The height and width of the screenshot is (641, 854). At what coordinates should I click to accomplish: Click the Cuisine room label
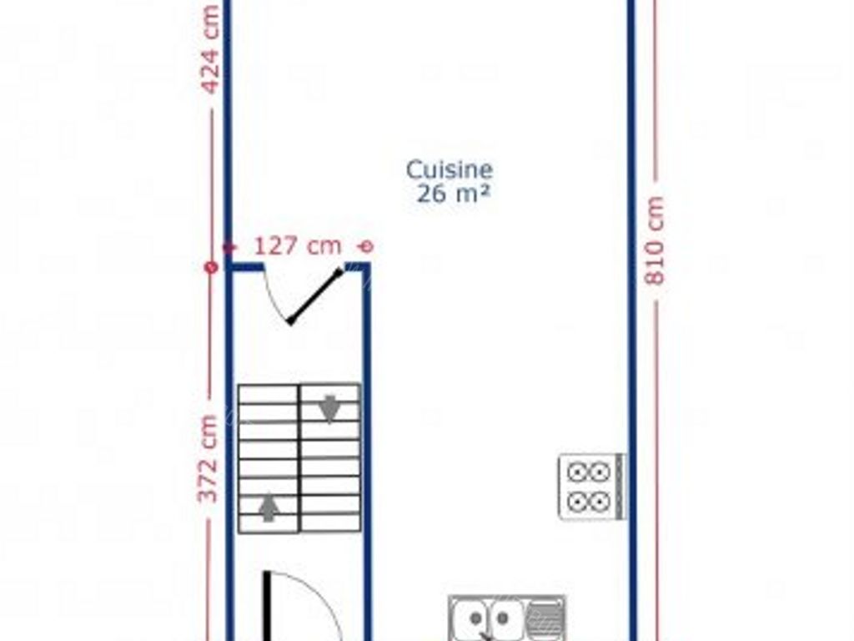tap(450, 170)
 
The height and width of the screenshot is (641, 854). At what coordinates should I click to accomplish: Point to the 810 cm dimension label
tap(656, 241)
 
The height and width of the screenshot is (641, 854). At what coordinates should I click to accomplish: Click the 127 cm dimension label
tap(298, 246)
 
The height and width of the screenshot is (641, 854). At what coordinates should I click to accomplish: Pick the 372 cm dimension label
tap(208, 459)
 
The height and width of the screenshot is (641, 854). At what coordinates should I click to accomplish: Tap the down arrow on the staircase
tap(330, 408)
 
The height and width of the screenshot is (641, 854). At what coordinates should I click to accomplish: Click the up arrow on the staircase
tap(268, 507)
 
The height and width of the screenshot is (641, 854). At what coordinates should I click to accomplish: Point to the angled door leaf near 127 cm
tap(315, 295)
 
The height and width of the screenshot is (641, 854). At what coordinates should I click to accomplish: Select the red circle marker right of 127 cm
tap(364, 246)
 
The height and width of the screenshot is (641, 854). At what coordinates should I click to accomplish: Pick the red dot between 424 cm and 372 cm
tap(211, 267)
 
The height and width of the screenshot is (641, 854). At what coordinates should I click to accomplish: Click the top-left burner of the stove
tap(578, 472)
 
